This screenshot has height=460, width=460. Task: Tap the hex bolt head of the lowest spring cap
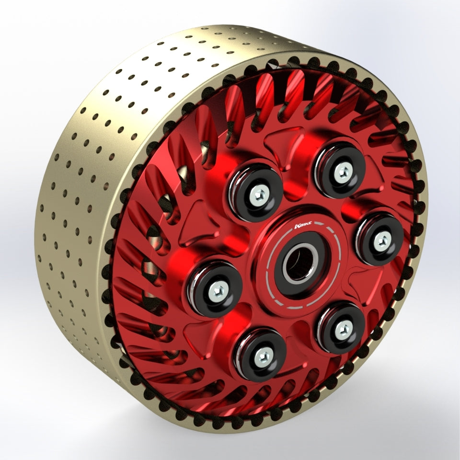pyautogui.click(x=261, y=355)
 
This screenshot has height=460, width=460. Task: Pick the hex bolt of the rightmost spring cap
pyautogui.click(x=382, y=241)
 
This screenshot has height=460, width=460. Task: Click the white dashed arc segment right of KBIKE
pyautogui.click(x=335, y=254)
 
